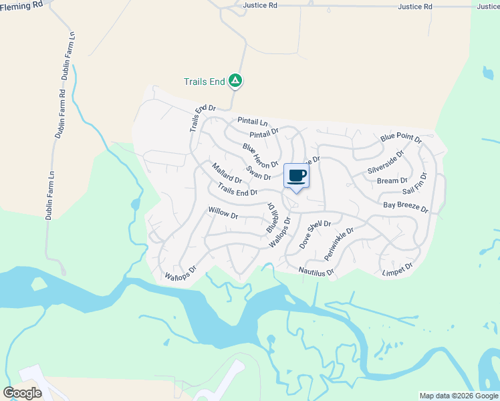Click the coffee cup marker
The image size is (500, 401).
297,176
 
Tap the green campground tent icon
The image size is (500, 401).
235,81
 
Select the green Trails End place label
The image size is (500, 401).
204,82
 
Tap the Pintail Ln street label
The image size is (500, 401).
252,122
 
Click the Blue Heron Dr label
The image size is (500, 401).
260,156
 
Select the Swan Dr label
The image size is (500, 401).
258,173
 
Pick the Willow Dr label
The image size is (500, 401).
223,213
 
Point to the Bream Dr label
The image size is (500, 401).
392,180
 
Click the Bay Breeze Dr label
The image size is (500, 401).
405,207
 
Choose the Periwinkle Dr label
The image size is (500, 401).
339,244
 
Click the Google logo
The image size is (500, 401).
23,393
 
